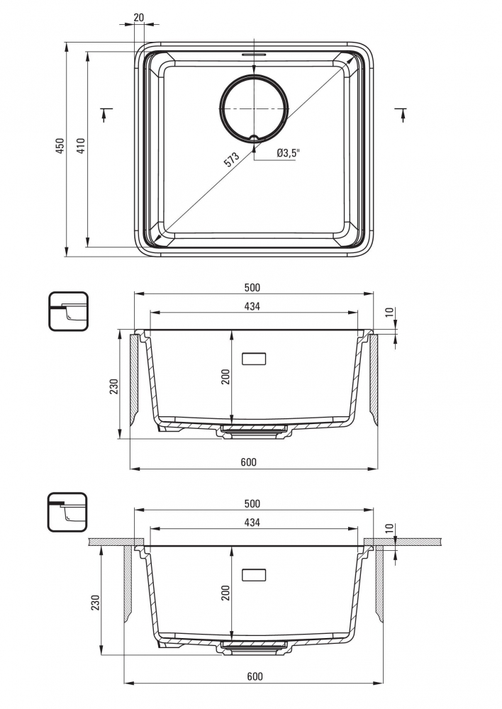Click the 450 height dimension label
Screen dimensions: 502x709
click(60, 145)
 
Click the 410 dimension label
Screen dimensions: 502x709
click(81, 145)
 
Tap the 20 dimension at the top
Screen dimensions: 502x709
click(139, 18)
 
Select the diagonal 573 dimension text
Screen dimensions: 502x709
click(232, 160)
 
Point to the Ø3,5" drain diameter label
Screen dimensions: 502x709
click(289, 153)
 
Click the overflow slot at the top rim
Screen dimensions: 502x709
click(254, 54)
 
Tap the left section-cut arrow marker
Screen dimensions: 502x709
click(105, 114)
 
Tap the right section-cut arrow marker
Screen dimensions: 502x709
click(401, 114)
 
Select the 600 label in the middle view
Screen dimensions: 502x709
click(248, 462)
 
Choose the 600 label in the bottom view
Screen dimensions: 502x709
click(255, 676)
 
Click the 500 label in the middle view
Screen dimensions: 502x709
click(252, 288)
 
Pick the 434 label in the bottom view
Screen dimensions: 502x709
click(252, 523)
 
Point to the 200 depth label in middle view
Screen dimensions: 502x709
click(225, 376)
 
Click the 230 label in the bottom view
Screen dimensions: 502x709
click(95, 603)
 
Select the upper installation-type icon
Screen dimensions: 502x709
click(68, 311)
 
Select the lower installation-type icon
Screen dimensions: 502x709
click(67, 513)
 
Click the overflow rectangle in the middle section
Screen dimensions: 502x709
click(254, 359)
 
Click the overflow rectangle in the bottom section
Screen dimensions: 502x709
click(254, 575)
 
